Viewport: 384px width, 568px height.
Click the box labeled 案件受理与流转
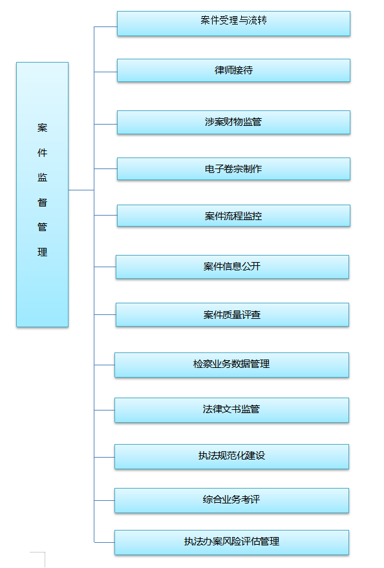click(233, 23)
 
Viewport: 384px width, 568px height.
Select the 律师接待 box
click(233, 70)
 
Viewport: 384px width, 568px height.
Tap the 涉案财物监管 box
click(233, 123)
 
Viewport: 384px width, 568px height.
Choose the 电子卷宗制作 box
click(233, 169)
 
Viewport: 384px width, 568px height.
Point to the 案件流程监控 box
click(233, 216)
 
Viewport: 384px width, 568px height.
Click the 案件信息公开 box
click(232, 267)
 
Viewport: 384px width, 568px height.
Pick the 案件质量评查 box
click(232, 315)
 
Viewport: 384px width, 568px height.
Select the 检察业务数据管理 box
click(231, 365)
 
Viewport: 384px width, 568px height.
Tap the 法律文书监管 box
click(231, 411)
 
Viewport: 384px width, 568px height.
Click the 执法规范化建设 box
click(231, 457)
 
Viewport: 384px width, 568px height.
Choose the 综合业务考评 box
click(231, 501)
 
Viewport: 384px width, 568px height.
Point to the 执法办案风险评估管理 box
click(231, 543)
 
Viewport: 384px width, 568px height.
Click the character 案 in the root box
click(43, 128)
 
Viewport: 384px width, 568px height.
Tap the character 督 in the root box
click(43, 203)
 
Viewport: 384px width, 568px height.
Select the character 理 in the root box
click(43, 252)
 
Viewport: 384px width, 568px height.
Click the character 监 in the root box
click(43, 177)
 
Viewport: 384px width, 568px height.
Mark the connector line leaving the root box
click(81, 190)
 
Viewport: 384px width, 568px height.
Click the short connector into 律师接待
click(105, 72)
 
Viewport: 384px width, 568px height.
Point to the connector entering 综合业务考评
click(105, 501)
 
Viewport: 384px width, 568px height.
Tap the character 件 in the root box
click(43, 153)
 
